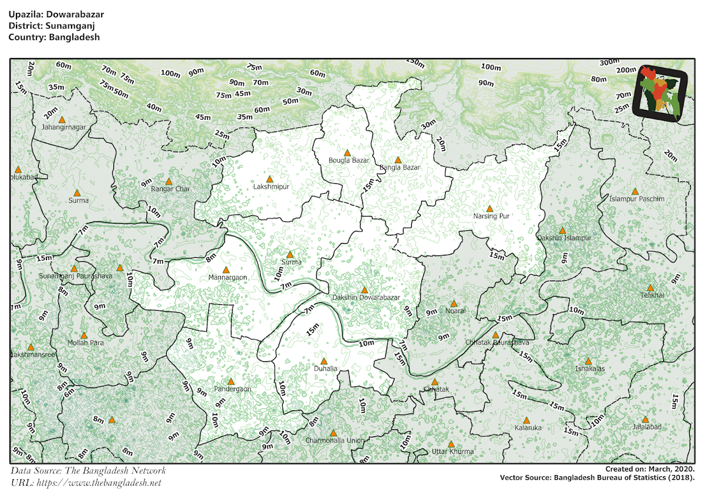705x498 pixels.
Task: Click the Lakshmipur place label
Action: point(270,187)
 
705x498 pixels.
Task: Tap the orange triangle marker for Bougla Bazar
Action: point(347,153)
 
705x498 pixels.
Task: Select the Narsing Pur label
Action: point(491,216)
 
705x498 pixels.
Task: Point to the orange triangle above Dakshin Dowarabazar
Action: point(364,290)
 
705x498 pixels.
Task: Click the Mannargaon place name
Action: point(227,277)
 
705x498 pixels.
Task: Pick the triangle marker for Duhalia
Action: point(324,361)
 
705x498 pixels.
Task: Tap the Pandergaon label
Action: point(232,389)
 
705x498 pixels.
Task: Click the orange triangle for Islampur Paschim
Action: point(634,191)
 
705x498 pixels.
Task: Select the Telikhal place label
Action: point(652,295)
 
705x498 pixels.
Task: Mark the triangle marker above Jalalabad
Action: point(646,419)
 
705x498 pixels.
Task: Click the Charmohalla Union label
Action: point(335,440)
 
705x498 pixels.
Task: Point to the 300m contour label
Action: point(609,62)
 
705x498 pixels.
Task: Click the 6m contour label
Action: point(70,393)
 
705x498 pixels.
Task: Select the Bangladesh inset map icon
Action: point(661,93)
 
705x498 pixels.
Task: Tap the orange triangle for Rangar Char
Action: point(169,181)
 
